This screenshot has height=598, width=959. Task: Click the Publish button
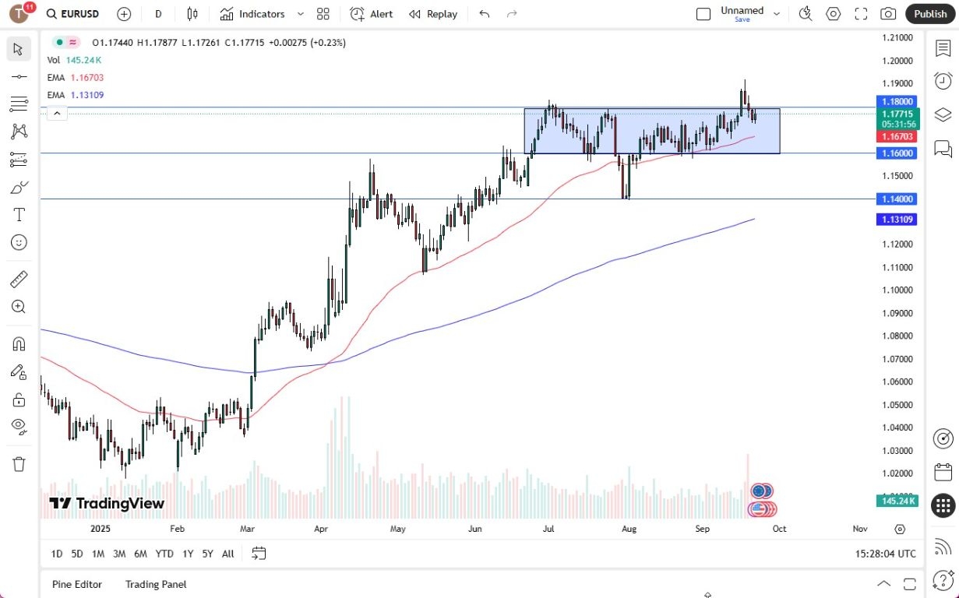tap(930, 14)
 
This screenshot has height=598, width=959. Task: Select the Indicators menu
tap(252, 14)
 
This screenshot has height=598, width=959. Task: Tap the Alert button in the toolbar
tap(372, 14)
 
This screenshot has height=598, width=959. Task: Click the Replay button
tap(433, 14)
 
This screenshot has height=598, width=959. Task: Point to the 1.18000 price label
tap(897, 101)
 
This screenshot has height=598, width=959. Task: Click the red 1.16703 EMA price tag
tap(897, 136)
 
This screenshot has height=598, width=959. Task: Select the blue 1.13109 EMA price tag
tap(897, 220)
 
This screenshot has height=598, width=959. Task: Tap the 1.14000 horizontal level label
tap(897, 199)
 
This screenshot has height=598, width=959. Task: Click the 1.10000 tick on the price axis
tap(897, 290)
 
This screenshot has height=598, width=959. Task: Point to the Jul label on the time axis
tap(548, 529)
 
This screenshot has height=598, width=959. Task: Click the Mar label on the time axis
tap(248, 529)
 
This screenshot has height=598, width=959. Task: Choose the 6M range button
tap(140, 554)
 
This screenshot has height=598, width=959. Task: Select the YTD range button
tap(164, 554)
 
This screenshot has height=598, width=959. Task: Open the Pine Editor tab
tap(76, 584)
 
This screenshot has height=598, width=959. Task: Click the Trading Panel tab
tap(156, 584)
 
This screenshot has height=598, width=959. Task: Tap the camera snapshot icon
tap(887, 14)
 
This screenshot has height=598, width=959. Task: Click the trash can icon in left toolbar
tap(19, 464)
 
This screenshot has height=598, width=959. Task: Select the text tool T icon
tap(19, 215)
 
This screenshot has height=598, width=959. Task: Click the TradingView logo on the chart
tap(107, 504)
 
